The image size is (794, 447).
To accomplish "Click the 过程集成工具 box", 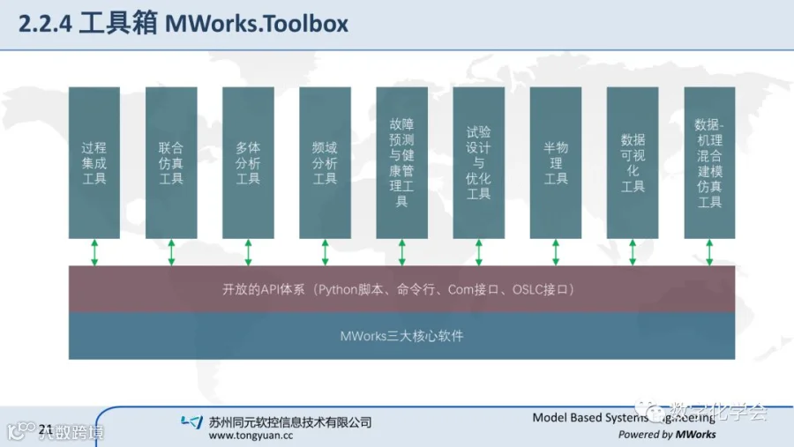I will pos(94,162).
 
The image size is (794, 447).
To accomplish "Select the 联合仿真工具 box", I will pos(171,162).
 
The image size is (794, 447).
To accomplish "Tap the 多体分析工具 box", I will pos(248,162).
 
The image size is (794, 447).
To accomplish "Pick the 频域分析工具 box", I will pos(325,162).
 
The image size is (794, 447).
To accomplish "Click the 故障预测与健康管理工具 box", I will pos(401,162).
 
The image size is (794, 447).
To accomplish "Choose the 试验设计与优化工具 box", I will pos(478,162).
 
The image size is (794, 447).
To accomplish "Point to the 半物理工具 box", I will pos(556,162).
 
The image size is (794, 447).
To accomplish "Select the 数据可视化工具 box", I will pos(633,162).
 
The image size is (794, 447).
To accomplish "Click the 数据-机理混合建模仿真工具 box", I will pos(709,162).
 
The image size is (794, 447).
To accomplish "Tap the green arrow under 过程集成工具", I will pos(94,251).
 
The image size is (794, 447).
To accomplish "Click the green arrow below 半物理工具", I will pos(556,251).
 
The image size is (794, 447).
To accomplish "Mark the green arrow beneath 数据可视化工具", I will pos(633,251).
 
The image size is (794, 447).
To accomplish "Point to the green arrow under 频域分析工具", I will pos(325,251).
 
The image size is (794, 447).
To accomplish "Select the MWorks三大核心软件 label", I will pos(401,336).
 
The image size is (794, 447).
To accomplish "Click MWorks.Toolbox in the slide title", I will pos(257,24).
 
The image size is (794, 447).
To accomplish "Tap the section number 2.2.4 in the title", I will pos(44,24).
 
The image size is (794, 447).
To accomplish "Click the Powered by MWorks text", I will pos(667,434).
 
